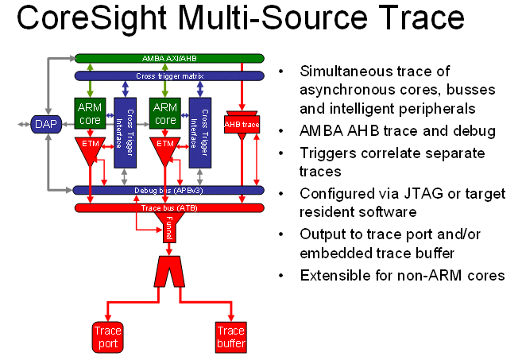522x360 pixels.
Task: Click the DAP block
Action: [46, 124]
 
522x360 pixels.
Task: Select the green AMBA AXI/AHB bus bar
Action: [169, 58]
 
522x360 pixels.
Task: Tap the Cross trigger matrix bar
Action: [169, 76]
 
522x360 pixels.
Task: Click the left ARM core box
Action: [90, 113]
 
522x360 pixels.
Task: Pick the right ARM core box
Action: [165, 113]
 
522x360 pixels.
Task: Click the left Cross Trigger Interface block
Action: [126, 133]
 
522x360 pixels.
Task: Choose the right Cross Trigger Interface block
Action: [200, 133]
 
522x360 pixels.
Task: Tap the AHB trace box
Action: [242, 125]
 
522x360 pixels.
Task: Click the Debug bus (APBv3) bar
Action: [168, 190]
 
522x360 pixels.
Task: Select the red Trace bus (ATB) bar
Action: [169, 207]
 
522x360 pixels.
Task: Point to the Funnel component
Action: [169, 227]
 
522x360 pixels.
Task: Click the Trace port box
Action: [107, 337]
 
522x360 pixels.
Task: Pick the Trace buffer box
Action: [231, 337]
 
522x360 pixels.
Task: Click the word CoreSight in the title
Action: [91, 18]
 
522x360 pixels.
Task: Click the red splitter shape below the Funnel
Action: [169, 272]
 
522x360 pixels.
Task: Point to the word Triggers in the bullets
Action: [328, 154]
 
